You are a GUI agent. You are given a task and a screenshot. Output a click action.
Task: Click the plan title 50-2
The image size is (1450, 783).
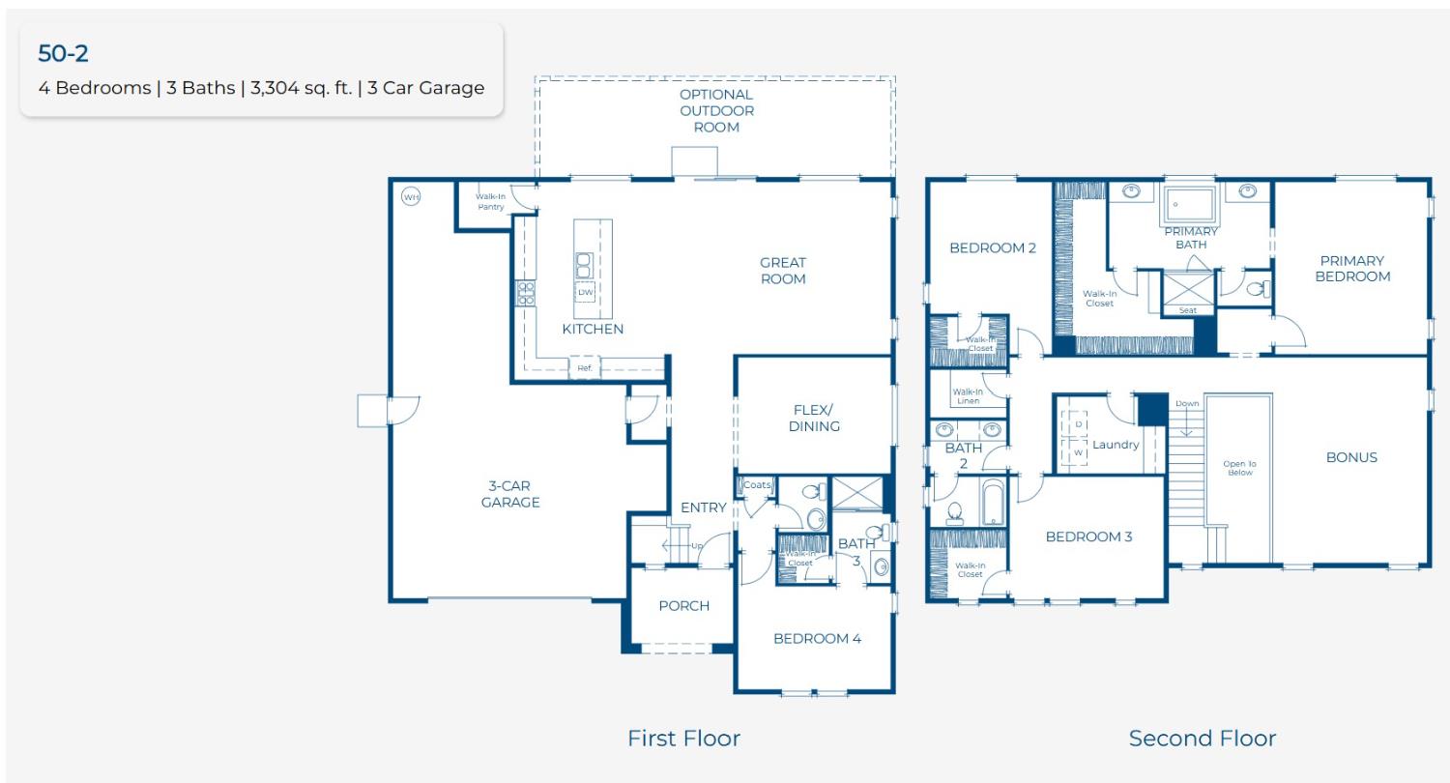pos(63,53)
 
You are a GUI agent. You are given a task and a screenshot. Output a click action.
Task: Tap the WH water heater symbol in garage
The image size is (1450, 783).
pos(411,197)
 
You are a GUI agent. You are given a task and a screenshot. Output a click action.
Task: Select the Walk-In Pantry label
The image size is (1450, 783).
pos(490,201)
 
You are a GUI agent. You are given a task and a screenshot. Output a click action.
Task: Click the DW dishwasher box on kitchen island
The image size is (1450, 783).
pos(586,292)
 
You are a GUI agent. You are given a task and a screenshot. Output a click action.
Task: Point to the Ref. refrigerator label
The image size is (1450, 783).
pos(585,368)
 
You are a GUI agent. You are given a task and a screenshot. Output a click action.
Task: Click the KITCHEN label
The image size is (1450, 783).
pos(593,329)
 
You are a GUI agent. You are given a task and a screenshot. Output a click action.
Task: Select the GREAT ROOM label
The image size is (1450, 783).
pos(782,271)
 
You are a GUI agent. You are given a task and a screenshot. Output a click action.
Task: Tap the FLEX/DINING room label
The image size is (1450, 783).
pos(814,418)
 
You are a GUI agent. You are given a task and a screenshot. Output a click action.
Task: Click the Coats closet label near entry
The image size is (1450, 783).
pos(758,485)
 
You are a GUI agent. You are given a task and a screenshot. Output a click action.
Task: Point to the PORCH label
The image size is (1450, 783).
pos(683,606)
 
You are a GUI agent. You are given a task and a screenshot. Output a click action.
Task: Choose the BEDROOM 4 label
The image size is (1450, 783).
pos(817,638)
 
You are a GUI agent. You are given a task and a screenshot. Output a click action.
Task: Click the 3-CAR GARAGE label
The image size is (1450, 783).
pos(510,494)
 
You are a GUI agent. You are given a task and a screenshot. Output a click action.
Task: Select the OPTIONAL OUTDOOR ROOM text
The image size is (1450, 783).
pos(716,110)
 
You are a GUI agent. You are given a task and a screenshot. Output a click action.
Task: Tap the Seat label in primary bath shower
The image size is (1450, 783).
pos(1188,310)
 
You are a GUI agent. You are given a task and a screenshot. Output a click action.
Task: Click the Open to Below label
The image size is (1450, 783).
pos(1238,468)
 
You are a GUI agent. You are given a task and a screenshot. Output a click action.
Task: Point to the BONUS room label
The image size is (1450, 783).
pos(1350,457)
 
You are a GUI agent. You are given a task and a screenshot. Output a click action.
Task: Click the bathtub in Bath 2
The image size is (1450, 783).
pos(993,503)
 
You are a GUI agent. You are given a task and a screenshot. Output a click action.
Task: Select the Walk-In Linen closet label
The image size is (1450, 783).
pos(968,395)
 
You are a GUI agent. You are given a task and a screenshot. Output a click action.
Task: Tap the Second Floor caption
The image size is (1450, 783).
pos(1202,739)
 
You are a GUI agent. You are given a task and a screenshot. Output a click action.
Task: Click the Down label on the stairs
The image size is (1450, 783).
pos(1186,403)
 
